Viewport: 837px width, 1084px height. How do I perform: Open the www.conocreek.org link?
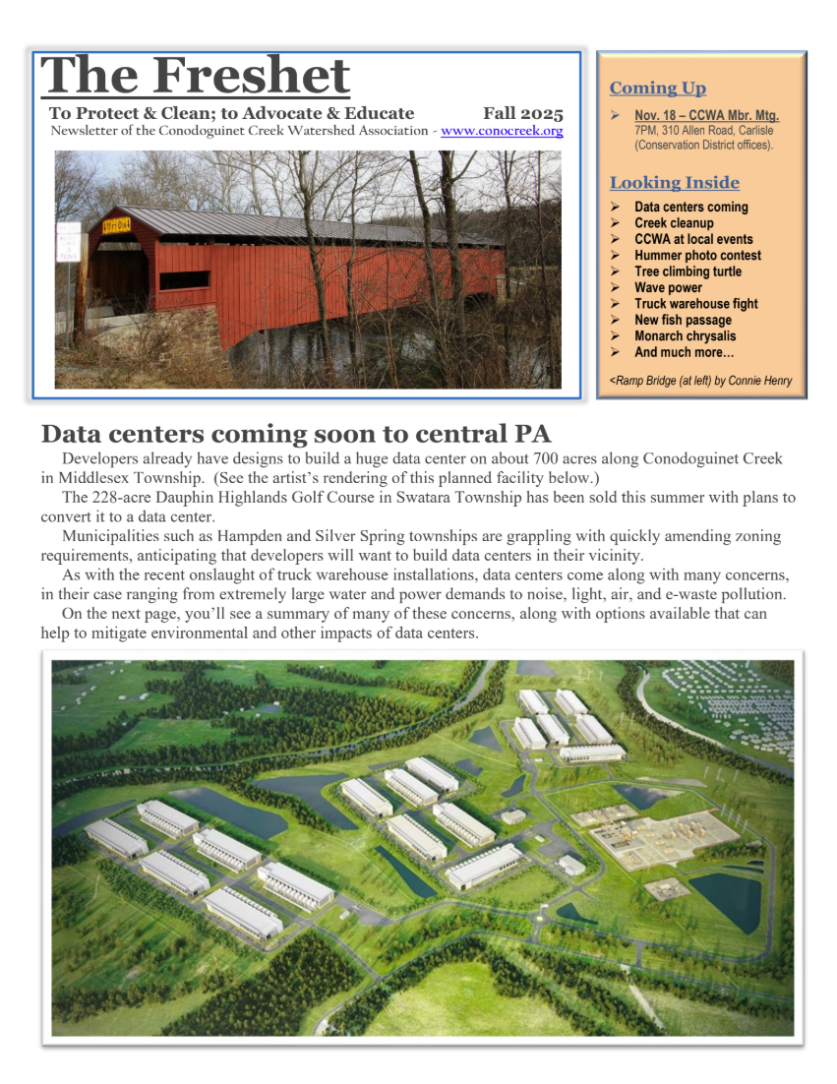(x=502, y=131)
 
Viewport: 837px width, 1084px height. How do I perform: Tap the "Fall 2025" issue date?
(x=522, y=113)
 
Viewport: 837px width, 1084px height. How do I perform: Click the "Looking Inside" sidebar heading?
(x=674, y=183)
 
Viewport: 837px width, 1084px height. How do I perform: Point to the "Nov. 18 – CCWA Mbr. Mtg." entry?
(x=706, y=116)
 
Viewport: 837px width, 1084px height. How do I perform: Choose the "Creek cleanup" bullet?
(x=674, y=223)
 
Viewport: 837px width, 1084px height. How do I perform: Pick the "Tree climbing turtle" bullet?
(x=688, y=271)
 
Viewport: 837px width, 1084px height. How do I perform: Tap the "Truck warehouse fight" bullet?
(x=695, y=304)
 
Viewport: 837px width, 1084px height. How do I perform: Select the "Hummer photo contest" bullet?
(x=697, y=256)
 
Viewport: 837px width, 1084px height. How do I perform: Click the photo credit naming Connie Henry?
(x=700, y=381)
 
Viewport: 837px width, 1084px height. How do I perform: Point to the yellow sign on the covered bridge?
(x=119, y=224)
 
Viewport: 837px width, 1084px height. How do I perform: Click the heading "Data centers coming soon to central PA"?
(x=296, y=434)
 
